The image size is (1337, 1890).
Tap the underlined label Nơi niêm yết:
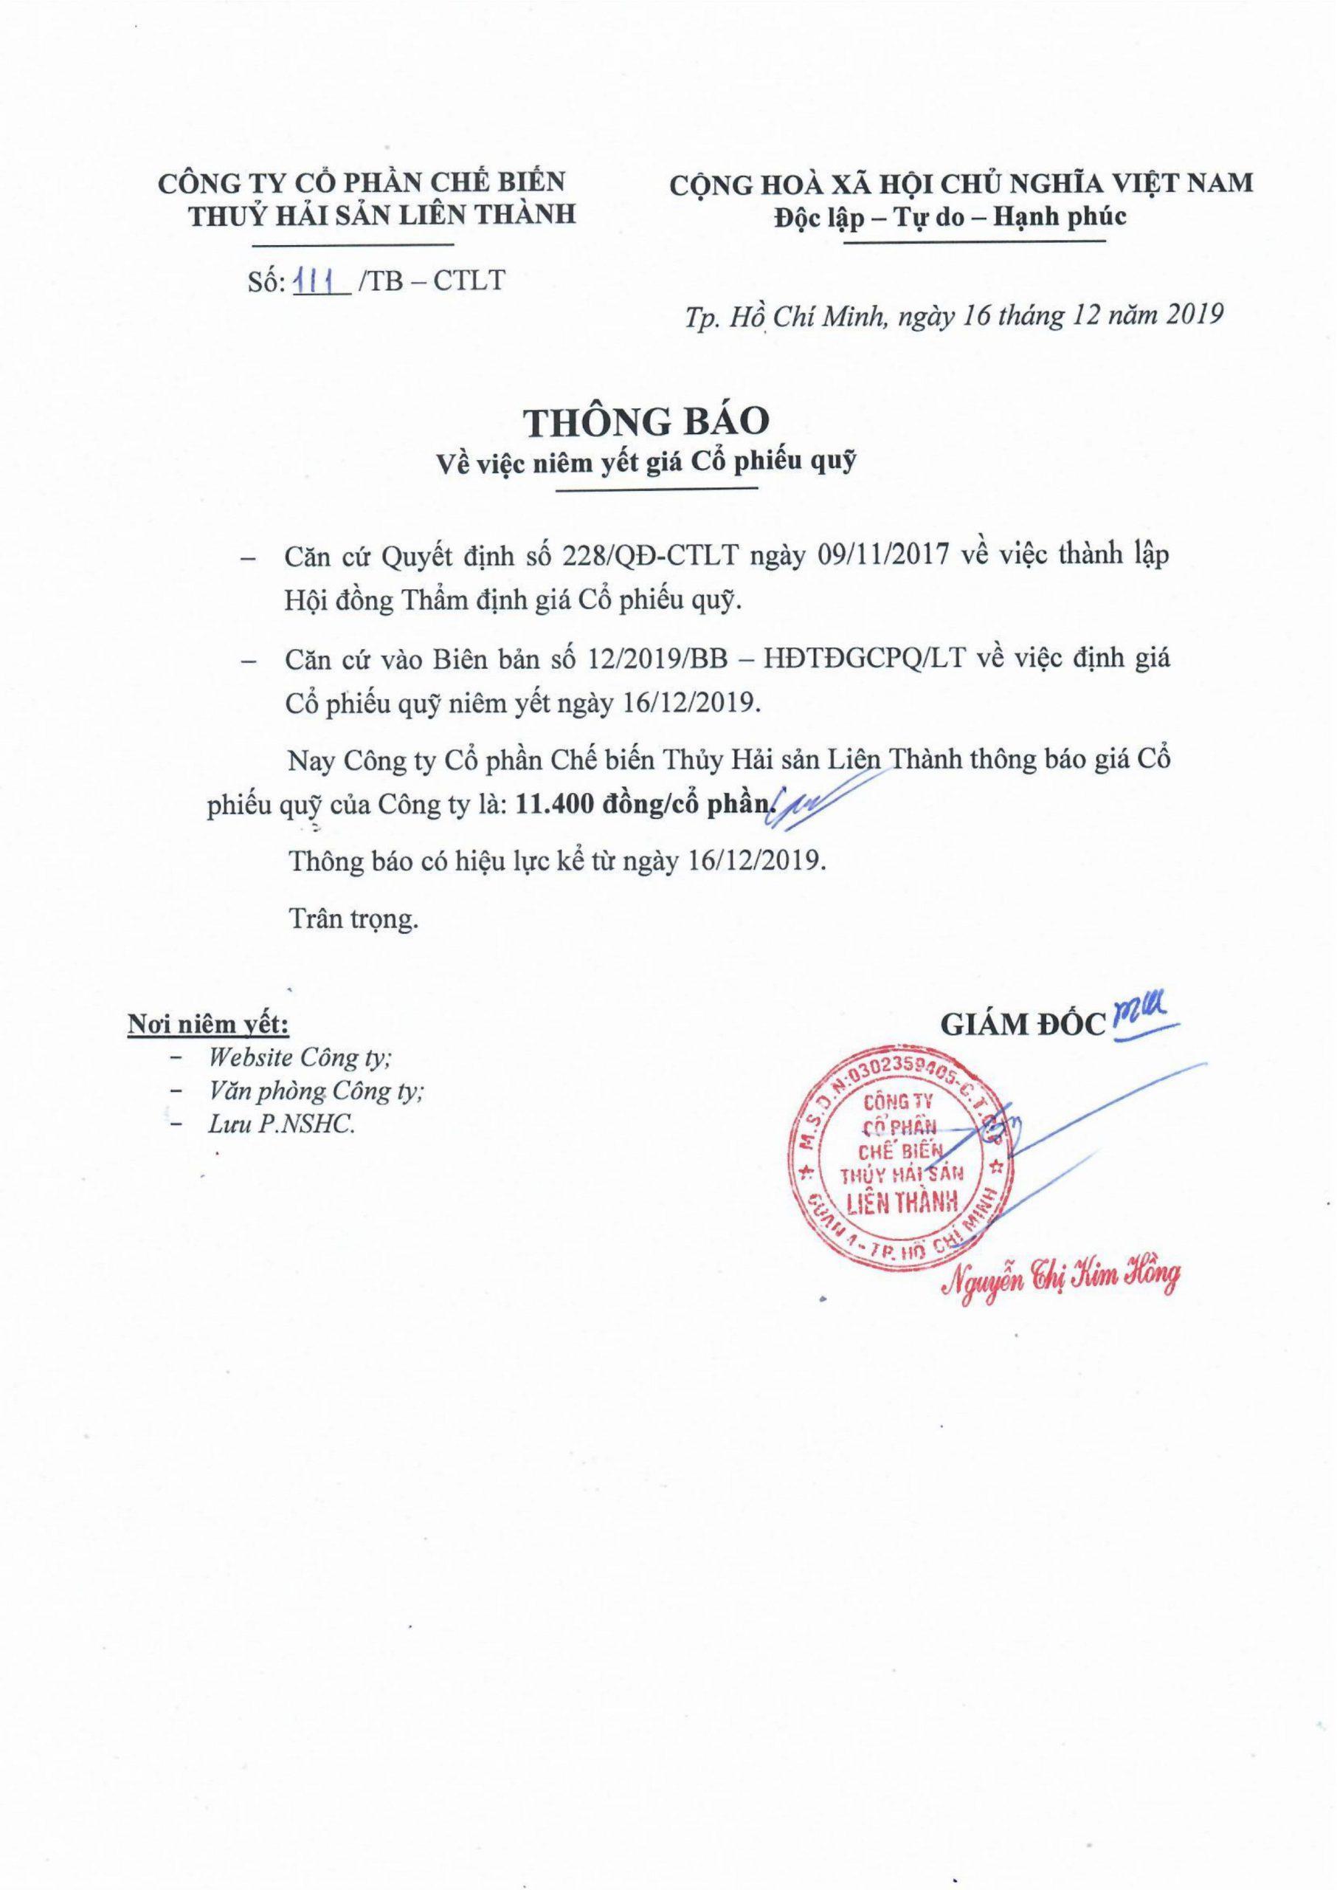[x=206, y=1026]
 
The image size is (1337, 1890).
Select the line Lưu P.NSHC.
[x=280, y=1126]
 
